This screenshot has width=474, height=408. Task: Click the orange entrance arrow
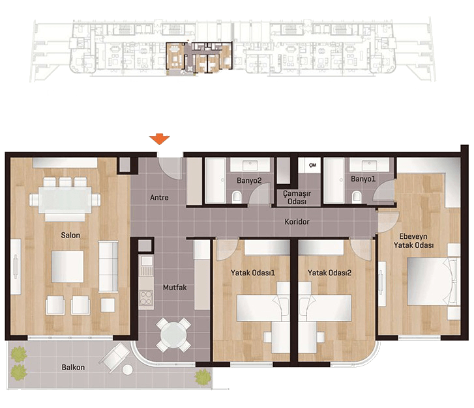(159, 139)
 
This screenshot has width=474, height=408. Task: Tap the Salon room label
(70, 235)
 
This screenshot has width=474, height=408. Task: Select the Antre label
(159, 197)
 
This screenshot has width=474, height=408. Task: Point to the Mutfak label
(175, 287)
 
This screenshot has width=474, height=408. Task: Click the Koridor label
(297, 222)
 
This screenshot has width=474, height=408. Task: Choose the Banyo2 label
(249, 180)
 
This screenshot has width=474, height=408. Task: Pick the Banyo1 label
(363, 179)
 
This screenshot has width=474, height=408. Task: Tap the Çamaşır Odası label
(297, 197)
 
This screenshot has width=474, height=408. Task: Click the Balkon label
(73, 367)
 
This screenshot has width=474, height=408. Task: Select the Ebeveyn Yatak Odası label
(413, 241)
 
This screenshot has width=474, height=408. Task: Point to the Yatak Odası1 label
(253, 273)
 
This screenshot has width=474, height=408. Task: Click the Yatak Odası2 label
(329, 273)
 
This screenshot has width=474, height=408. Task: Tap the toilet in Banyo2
(237, 197)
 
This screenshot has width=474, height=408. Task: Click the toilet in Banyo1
(357, 197)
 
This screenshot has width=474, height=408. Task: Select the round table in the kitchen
(173, 335)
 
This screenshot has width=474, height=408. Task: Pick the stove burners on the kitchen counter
(145, 297)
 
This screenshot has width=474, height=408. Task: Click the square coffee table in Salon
(67, 267)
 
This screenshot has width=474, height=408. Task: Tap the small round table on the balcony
(128, 370)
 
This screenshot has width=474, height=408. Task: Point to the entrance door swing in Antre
(170, 169)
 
